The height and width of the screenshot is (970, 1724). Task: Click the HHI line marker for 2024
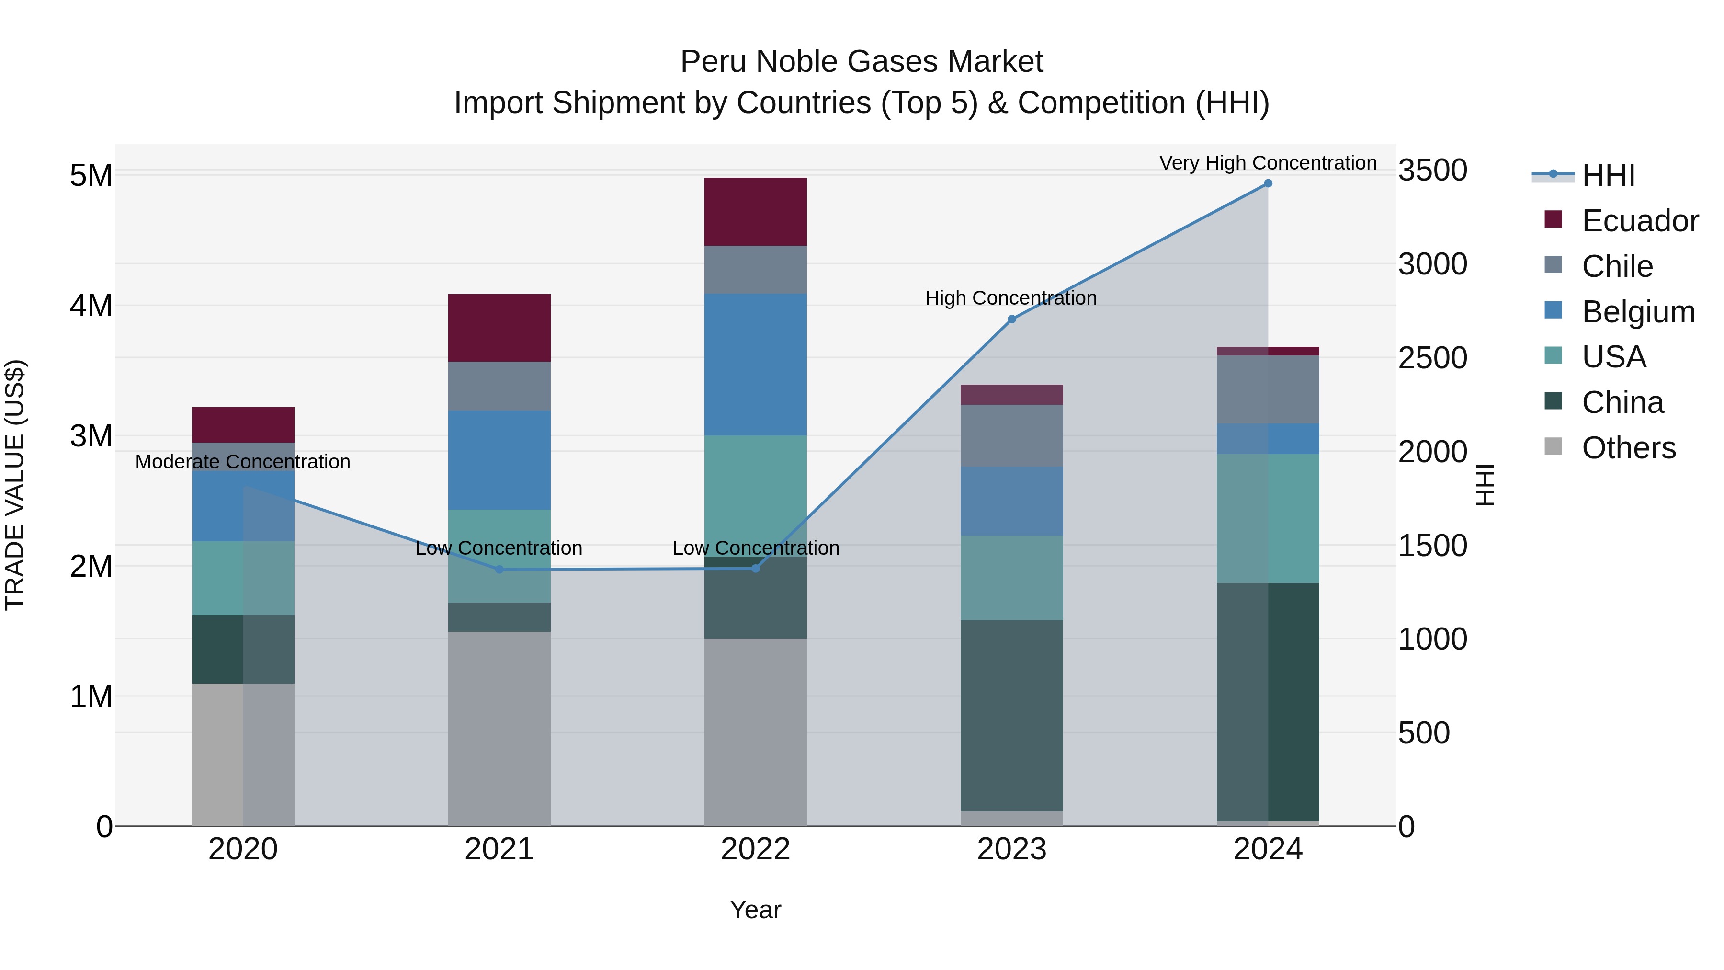click(1268, 183)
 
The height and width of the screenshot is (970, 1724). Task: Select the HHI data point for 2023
click(1012, 320)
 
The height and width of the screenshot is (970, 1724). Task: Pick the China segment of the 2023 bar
click(1012, 716)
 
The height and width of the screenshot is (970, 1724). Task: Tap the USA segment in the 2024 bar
click(1268, 519)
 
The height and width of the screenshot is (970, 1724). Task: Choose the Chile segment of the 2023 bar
click(1012, 436)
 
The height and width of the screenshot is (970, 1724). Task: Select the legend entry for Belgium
click(1638, 312)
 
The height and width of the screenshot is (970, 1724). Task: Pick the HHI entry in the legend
click(1608, 175)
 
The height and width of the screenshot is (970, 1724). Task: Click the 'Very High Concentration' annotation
click(1268, 163)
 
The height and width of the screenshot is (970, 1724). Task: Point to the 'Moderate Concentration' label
click(243, 462)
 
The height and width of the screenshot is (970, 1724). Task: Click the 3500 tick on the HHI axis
click(1433, 171)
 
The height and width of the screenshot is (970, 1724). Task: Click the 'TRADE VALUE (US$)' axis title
click(15, 485)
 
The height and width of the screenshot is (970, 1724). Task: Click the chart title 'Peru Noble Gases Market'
click(862, 62)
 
